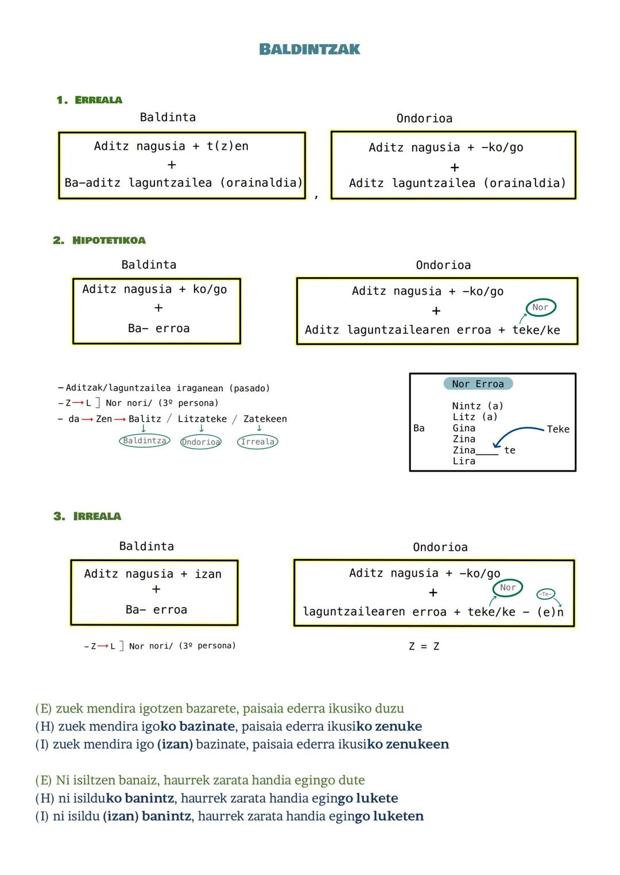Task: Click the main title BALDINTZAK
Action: click(309, 49)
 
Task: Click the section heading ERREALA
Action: click(98, 100)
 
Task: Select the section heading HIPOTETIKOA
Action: click(108, 240)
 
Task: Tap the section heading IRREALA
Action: click(97, 516)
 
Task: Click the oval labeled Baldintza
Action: click(145, 441)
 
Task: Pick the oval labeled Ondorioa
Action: click(200, 442)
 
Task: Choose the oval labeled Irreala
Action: click(257, 441)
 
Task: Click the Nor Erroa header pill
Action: click(478, 384)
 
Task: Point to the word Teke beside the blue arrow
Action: click(558, 429)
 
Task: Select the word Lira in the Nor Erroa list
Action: click(464, 461)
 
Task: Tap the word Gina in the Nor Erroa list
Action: click(464, 428)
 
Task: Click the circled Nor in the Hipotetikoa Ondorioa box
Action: click(540, 308)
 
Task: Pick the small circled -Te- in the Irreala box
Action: click(545, 594)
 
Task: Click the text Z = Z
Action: click(424, 647)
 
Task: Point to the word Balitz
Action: click(145, 419)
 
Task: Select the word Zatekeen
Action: click(265, 419)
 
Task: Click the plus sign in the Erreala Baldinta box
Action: click(171, 165)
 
